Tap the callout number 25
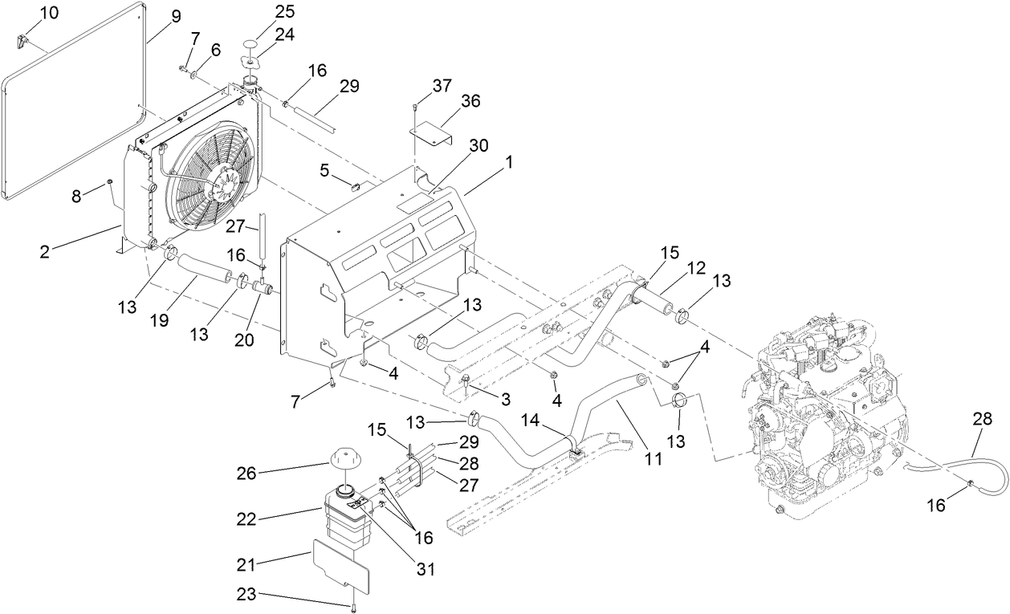(x=262, y=11)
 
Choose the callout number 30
(x=479, y=144)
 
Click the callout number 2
(x=45, y=251)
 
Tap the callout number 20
(x=244, y=340)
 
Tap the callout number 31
(x=425, y=569)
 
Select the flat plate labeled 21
(x=339, y=564)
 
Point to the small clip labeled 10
(x=23, y=38)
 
